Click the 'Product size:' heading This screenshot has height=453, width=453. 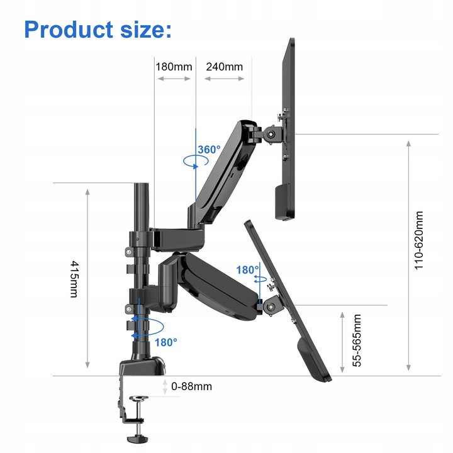coord(97,29)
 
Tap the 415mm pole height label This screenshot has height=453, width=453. coord(74,279)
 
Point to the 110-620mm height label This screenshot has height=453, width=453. coord(418,240)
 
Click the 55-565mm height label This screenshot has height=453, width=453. coord(357,340)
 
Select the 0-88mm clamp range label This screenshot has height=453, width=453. coord(191,386)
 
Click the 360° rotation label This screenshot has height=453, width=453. coord(209,150)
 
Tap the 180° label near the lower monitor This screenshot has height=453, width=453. coord(247,270)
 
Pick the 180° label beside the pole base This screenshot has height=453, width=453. coord(166,342)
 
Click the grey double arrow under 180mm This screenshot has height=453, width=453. coord(174,79)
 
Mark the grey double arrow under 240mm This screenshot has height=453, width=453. coord(224,79)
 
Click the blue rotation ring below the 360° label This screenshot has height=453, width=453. coord(195,162)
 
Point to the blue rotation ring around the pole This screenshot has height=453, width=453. coord(145,326)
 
